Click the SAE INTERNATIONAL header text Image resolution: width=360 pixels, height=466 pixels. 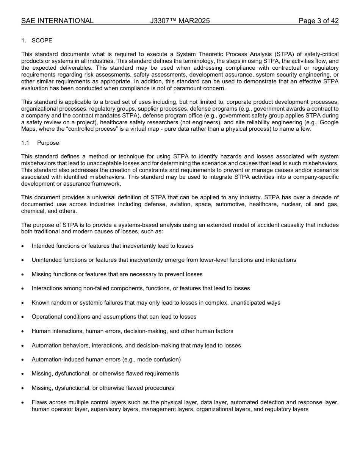point(57,21)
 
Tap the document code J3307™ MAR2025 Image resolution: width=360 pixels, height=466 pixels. point(180,21)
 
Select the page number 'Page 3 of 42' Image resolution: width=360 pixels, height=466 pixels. point(318,21)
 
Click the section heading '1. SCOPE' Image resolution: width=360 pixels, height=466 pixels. point(37,41)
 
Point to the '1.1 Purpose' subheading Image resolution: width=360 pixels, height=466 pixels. point(40,143)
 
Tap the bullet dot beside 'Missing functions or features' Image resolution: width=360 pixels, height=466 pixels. point(23,275)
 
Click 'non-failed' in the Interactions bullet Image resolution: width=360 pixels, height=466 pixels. point(86,288)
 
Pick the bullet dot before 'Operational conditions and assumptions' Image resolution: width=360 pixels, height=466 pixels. point(23,317)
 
